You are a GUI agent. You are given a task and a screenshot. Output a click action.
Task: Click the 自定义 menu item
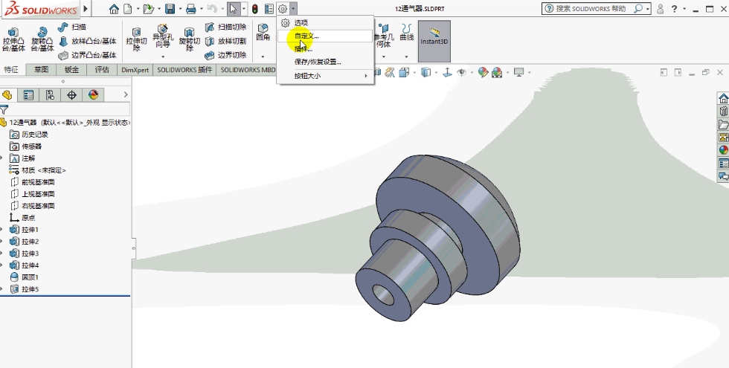(x=306, y=36)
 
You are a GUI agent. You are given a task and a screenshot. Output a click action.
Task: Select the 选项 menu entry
(x=301, y=23)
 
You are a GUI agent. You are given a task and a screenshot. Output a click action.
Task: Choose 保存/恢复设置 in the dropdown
(x=318, y=62)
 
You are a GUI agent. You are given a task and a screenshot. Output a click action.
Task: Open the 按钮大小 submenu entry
(x=307, y=76)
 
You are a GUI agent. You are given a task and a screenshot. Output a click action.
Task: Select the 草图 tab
(x=42, y=70)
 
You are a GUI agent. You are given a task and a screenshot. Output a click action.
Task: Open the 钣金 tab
(x=71, y=70)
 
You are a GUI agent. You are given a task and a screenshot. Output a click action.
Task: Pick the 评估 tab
(x=101, y=70)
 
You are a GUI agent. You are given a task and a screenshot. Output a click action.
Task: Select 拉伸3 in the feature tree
(x=30, y=254)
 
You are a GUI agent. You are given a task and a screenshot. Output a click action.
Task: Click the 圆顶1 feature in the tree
(x=30, y=277)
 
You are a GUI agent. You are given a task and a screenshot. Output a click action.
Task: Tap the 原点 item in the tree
(x=28, y=218)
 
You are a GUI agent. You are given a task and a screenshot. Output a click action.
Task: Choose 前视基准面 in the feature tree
(x=37, y=182)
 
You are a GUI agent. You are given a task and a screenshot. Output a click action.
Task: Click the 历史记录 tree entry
(x=34, y=135)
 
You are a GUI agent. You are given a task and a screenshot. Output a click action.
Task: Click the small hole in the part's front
(x=385, y=294)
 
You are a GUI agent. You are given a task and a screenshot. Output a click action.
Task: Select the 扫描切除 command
(x=232, y=27)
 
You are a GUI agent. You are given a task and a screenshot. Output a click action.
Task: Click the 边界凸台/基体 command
(x=93, y=55)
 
